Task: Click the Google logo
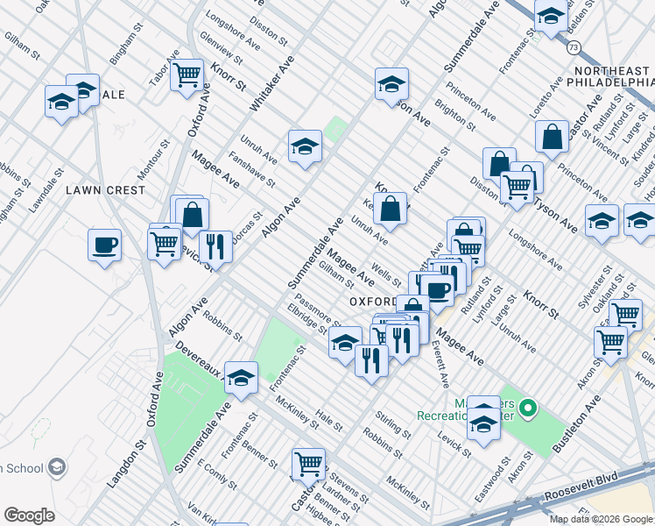coord(29,515)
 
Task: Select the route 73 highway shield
coord(572,46)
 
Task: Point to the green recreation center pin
coord(527,409)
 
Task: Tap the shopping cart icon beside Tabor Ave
coord(187,75)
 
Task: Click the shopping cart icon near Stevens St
coord(308,464)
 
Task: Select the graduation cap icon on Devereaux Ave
coord(241,377)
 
